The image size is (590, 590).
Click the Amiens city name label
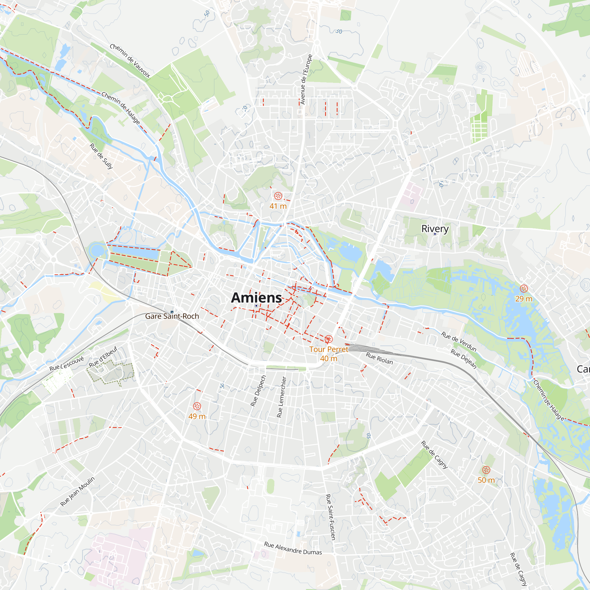click(256, 298)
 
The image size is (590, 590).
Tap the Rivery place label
click(435, 228)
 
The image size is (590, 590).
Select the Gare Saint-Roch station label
click(172, 316)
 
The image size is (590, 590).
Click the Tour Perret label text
click(329, 349)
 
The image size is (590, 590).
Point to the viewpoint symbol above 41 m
click(278, 196)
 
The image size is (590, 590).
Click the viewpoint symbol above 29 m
click(524, 289)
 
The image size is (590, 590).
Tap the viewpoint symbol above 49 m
click(197, 406)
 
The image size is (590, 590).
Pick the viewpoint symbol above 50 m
click(486, 470)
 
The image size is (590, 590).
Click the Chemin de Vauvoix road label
click(130, 61)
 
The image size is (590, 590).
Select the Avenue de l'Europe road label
click(306, 79)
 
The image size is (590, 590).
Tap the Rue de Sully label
click(101, 156)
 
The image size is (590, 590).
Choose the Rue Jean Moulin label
click(78, 491)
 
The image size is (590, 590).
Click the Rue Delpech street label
click(258, 391)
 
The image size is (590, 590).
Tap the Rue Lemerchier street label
click(281, 397)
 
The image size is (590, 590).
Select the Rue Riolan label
click(379, 358)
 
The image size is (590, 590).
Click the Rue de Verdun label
click(459, 342)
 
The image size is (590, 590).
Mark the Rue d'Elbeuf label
click(103, 357)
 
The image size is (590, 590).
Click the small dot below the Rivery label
click(435, 234)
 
